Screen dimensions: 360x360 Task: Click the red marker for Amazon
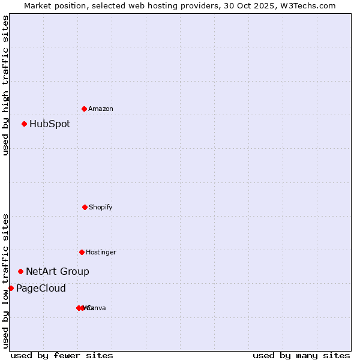[84, 109]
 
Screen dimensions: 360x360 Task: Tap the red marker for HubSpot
[24, 124]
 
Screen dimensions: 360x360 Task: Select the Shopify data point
[85, 207]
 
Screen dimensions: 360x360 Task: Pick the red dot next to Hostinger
[82, 252]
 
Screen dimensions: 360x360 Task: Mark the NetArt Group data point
[20, 272]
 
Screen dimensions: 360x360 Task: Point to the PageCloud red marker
[11, 289]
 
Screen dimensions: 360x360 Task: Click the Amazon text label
[101, 109]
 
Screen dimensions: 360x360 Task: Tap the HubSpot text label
[50, 124]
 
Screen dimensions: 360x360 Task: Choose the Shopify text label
[101, 207]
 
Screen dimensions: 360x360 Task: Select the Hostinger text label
[101, 252]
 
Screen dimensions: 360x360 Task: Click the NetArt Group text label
[58, 272]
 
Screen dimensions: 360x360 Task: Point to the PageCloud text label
[41, 289]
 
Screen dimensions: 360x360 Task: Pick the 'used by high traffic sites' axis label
[5, 85]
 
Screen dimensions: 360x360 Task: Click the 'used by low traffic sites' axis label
[5, 281]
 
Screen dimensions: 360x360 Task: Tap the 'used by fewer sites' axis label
[62, 355]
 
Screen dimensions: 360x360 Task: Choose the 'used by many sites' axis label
[301, 355]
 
